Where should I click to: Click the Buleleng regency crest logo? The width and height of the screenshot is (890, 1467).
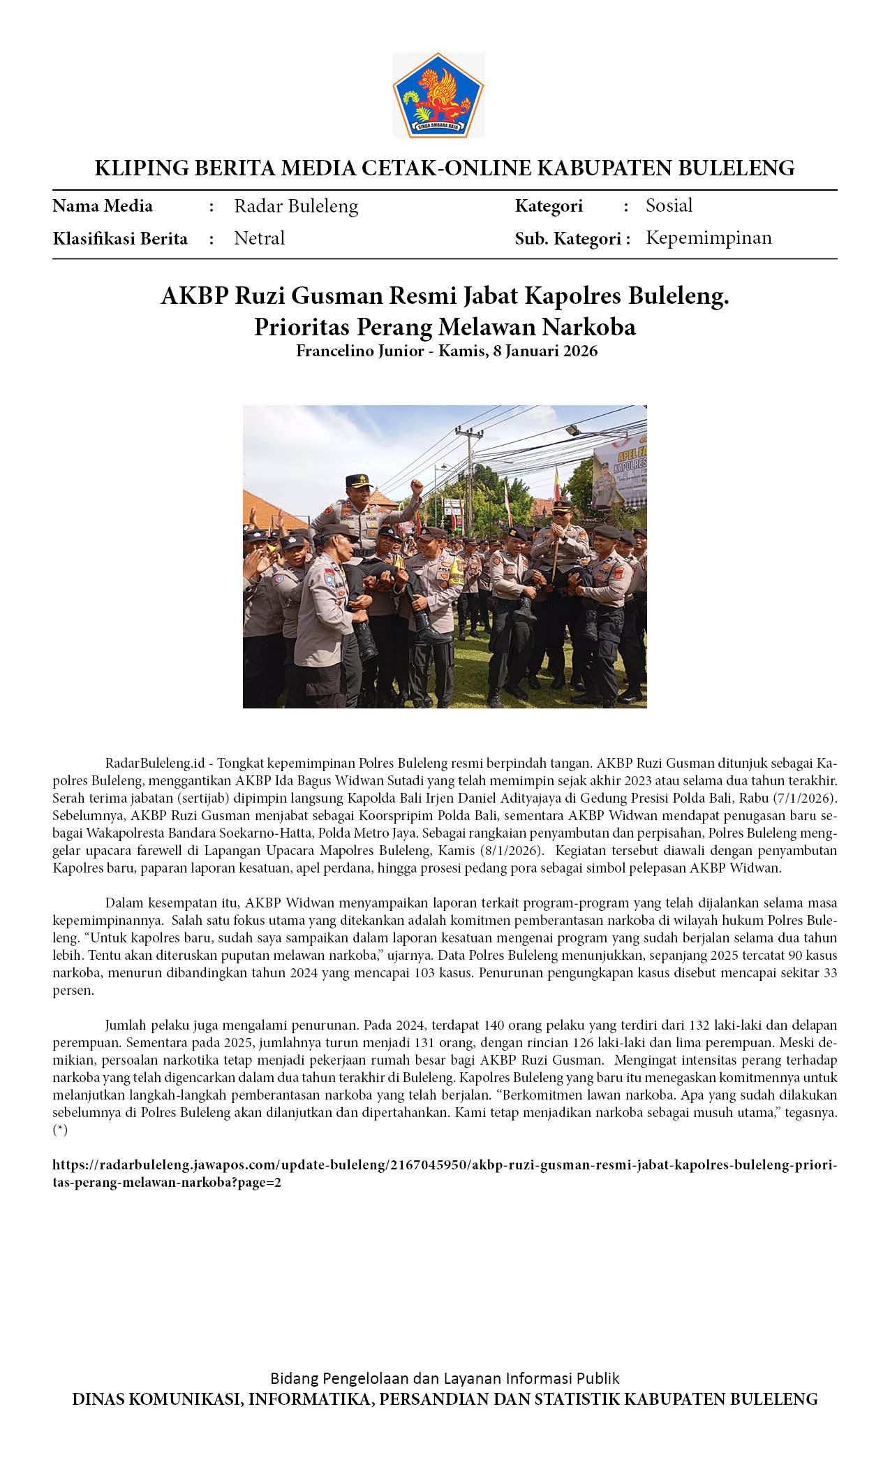(x=438, y=96)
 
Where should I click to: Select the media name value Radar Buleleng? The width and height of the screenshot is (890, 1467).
(x=296, y=206)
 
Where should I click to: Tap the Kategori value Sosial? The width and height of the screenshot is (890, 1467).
(x=669, y=205)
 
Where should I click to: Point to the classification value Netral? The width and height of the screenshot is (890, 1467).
(x=260, y=238)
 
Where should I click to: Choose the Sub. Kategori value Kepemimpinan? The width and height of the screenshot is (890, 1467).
(x=709, y=238)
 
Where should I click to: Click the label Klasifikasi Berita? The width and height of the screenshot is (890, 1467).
(x=120, y=239)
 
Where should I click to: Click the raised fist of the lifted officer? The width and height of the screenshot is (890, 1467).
(x=417, y=486)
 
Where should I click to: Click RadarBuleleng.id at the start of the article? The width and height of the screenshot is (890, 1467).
(x=155, y=763)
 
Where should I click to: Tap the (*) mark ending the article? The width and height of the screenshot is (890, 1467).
(x=60, y=1130)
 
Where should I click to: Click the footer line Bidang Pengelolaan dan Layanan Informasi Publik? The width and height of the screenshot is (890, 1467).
(x=445, y=1378)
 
